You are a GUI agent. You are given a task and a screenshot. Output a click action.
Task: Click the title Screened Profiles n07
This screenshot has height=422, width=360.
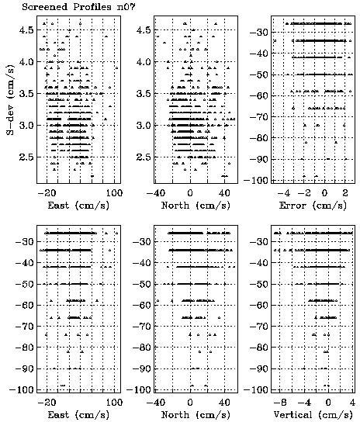(x=78, y=6)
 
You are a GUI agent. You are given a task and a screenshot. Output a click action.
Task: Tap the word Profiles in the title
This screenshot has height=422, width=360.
(x=92, y=6)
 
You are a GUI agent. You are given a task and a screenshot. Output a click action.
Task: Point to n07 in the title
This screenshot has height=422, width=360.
(x=126, y=6)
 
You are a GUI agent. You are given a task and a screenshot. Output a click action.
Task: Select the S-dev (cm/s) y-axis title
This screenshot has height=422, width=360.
(x=10, y=100)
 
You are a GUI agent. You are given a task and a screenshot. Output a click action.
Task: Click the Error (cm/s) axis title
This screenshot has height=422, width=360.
(x=313, y=206)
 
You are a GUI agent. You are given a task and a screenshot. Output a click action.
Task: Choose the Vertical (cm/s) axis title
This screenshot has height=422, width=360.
(x=313, y=415)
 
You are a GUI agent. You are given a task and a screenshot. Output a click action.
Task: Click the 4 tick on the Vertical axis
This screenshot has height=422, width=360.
(x=351, y=403)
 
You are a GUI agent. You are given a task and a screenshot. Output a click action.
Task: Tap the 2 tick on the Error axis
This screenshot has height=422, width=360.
(x=345, y=193)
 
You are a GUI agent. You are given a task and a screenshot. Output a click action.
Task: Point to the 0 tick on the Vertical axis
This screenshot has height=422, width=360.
(x=328, y=403)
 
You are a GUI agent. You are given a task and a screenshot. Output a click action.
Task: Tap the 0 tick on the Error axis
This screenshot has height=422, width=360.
(x=324, y=193)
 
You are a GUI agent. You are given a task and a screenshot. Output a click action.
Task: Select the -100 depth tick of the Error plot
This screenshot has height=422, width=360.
(x=255, y=180)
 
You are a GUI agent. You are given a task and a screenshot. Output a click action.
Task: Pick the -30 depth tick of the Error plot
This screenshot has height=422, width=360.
(x=259, y=33)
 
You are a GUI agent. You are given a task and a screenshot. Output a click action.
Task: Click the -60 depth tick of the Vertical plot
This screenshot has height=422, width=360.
(x=259, y=305)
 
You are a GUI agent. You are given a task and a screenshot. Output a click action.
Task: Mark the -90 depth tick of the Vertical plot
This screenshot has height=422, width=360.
(x=259, y=368)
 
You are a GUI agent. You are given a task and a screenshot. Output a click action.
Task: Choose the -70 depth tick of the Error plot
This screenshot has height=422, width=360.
(x=259, y=117)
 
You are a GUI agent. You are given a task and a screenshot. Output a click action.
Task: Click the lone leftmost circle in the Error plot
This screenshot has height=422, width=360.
(x=275, y=40)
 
